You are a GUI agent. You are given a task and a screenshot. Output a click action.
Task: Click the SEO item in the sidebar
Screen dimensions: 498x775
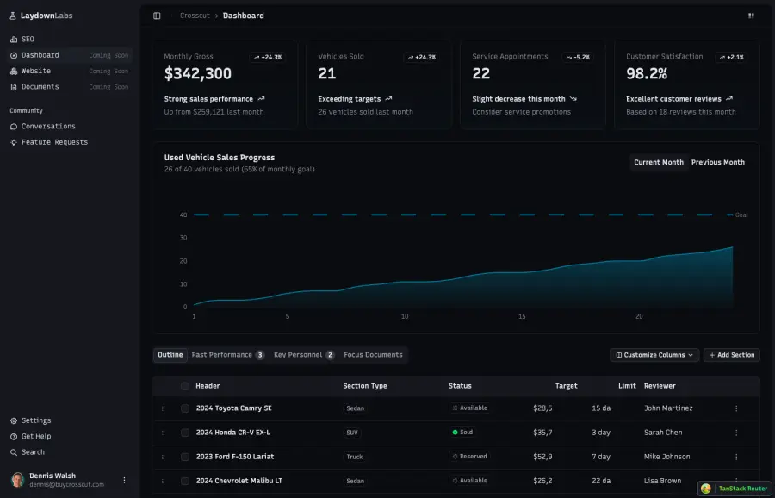tap(28, 40)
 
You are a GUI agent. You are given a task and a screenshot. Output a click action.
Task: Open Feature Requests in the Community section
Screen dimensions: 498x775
tap(54, 142)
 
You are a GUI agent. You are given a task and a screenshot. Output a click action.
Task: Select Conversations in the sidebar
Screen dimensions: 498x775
tap(48, 127)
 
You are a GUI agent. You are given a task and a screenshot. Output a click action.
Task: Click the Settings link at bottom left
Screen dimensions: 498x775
tap(35, 421)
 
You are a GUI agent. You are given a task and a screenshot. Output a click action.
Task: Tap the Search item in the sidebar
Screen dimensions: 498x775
tap(33, 452)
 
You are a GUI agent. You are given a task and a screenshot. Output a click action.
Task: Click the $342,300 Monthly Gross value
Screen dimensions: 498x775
tap(198, 74)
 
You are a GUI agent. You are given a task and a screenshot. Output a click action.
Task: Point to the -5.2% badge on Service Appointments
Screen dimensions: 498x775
tap(578, 58)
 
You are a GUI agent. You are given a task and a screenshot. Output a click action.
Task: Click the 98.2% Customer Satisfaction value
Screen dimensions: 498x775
tap(647, 74)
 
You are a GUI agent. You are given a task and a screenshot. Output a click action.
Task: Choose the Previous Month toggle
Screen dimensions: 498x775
tap(717, 163)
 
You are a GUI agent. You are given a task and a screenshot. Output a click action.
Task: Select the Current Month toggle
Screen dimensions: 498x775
tap(659, 163)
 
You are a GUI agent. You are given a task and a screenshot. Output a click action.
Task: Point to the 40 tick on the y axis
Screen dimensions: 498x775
tap(183, 215)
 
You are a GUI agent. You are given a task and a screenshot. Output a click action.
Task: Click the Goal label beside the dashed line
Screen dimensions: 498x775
tap(741, 215)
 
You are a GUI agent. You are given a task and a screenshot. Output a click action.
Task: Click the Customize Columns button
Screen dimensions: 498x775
tap(654, 355)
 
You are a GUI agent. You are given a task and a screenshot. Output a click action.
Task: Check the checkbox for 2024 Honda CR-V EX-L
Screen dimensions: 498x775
tap(185, 433)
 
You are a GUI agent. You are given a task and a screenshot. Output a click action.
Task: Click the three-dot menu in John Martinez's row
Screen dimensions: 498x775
tap(736, 408)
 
